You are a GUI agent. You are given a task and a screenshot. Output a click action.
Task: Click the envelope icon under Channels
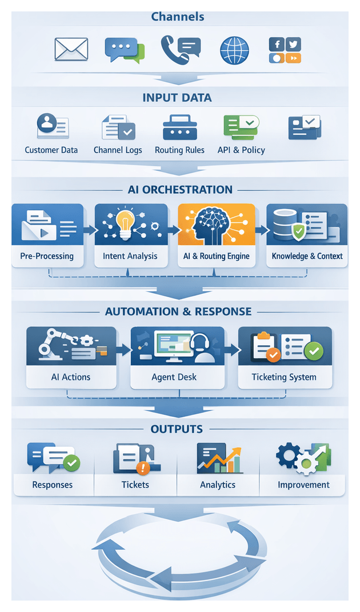point(71,49)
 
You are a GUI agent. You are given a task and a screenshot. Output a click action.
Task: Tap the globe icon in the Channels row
point(234,50)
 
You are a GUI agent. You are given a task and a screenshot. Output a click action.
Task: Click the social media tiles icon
point(285,50)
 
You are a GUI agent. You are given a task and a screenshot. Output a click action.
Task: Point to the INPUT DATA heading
point(177,98)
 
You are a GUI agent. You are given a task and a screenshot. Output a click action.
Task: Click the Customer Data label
point(51,150)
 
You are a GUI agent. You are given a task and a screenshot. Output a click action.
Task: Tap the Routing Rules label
point(179,150)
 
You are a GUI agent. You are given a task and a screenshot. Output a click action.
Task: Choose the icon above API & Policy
point(241,127)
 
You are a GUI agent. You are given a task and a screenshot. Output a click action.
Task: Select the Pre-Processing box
point(47,235)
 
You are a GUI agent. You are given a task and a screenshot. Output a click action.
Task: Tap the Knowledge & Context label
point(307,256)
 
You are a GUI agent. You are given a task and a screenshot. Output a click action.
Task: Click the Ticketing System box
point(284,357)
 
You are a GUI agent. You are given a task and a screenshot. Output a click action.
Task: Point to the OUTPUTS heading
point(177,429)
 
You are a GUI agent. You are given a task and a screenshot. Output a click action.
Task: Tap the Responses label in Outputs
point(53,485)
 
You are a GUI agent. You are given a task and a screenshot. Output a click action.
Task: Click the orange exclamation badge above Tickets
point(142,468)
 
